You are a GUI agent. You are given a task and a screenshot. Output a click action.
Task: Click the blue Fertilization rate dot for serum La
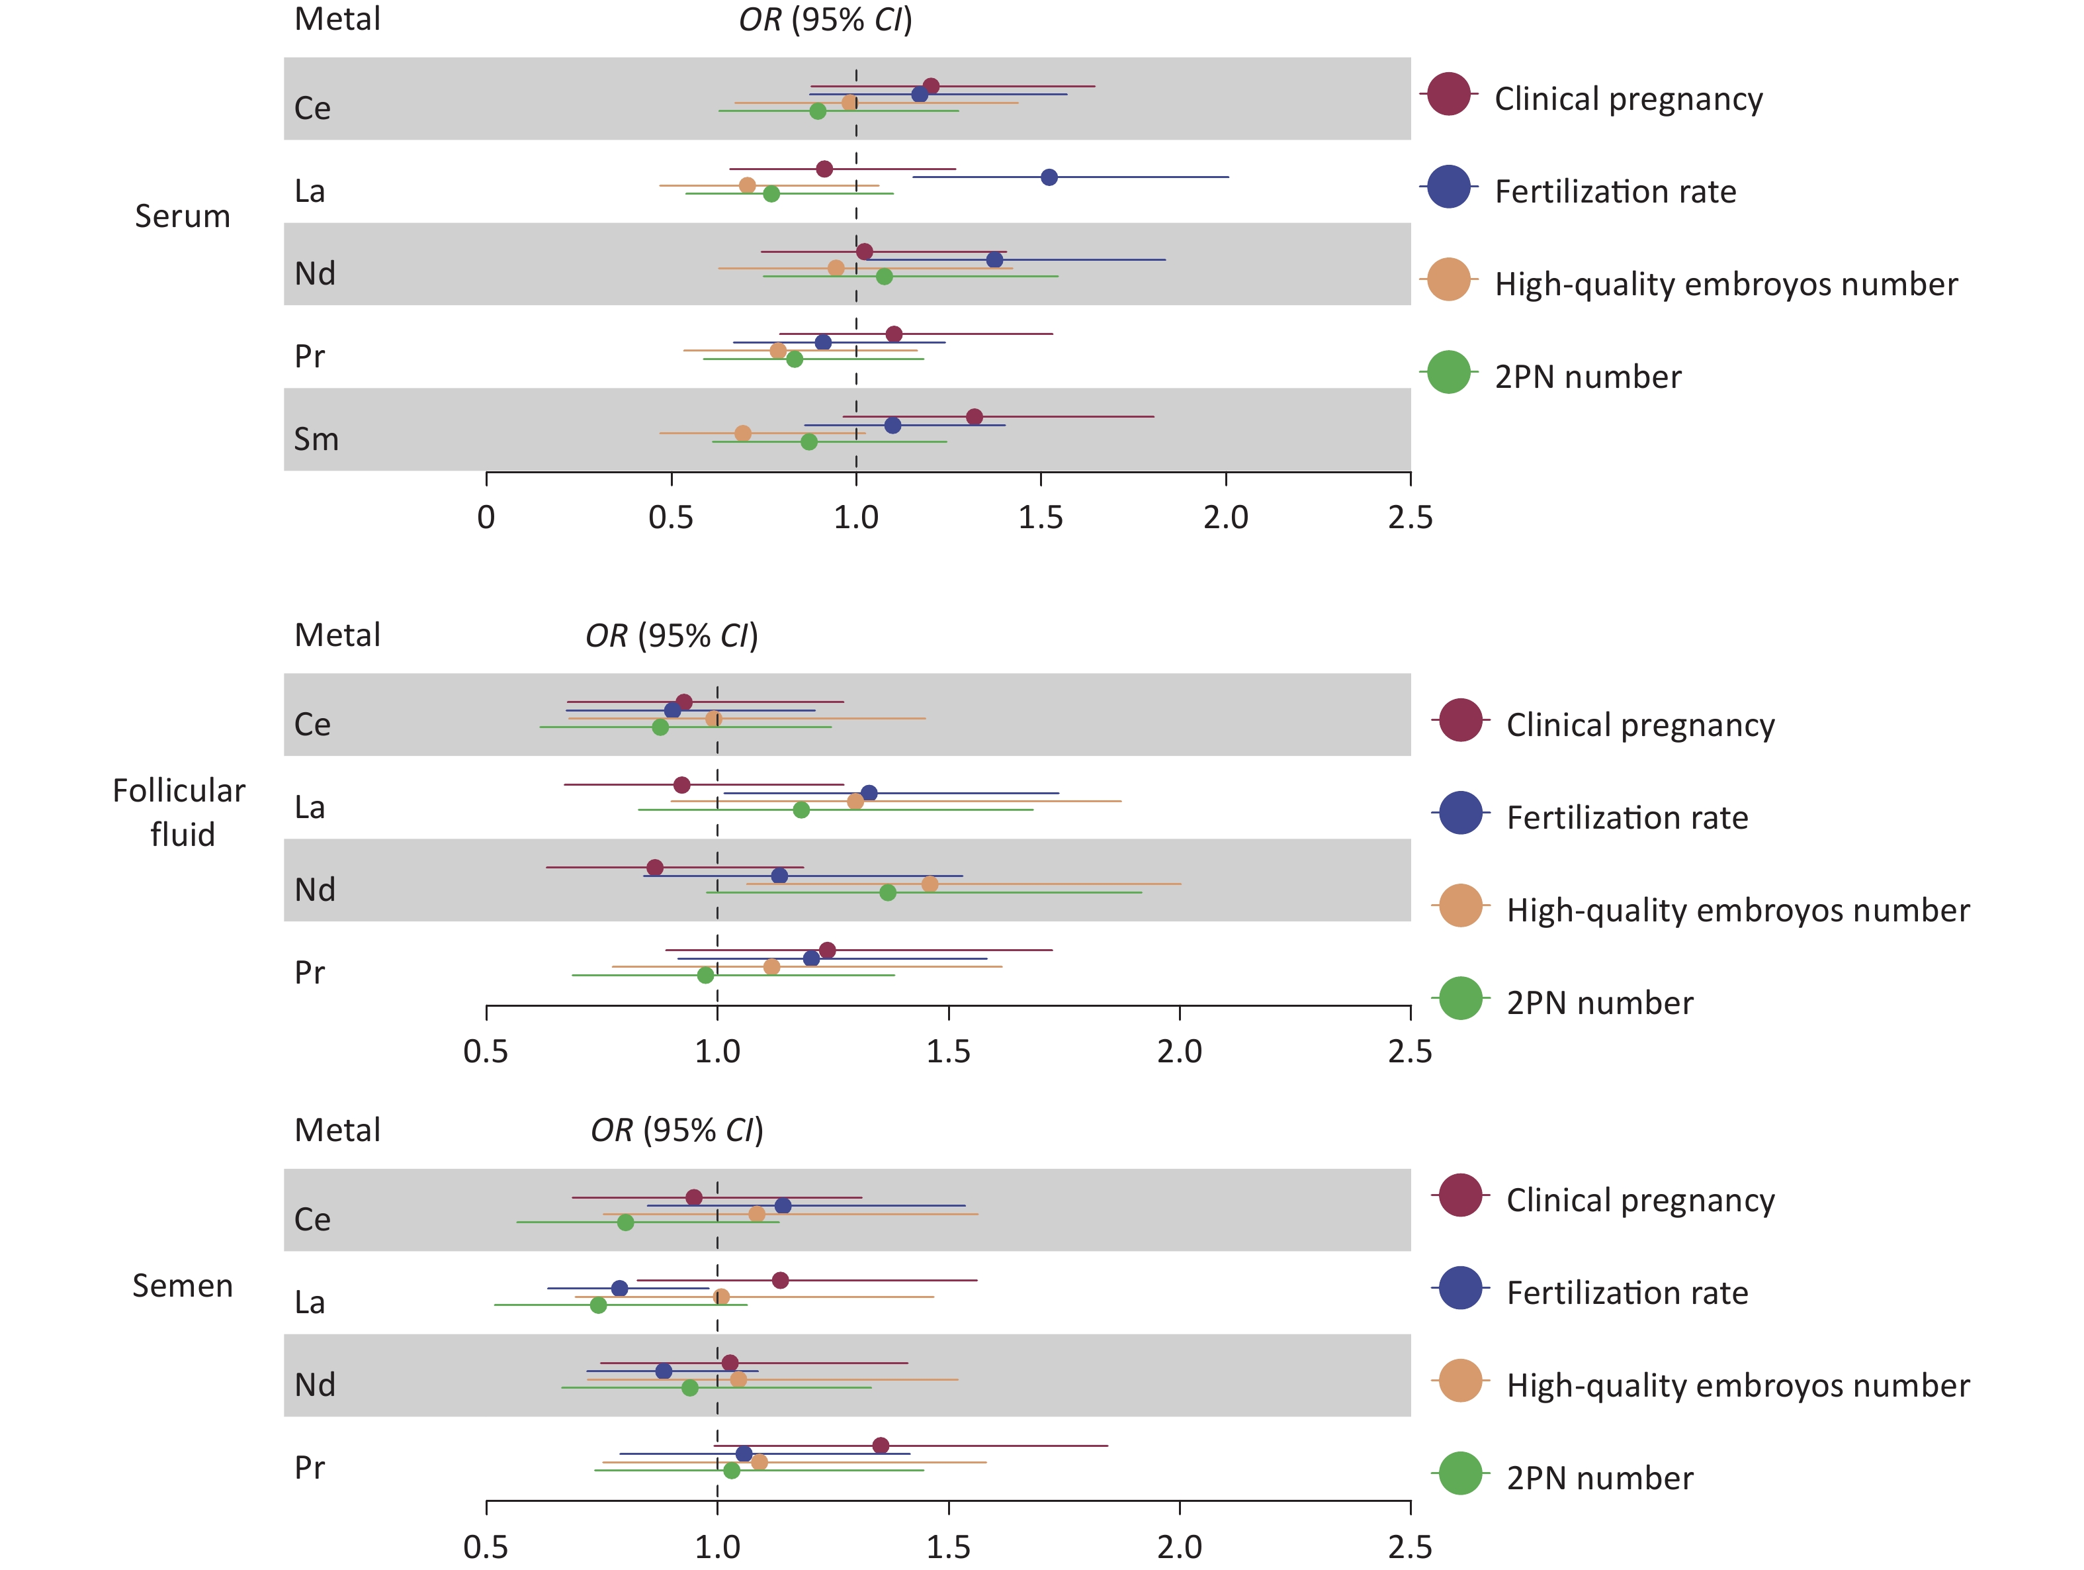point(1049,177)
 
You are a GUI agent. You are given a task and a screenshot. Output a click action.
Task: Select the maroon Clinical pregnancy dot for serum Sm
point(974,416)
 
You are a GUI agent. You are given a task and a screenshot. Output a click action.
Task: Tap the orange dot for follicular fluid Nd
point(930,884)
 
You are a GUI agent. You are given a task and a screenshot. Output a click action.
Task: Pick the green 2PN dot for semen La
point(598,1305)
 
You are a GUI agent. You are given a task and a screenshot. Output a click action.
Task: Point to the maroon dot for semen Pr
point(881,1446)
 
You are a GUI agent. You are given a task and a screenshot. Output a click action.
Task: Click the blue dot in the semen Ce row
point(783,1205)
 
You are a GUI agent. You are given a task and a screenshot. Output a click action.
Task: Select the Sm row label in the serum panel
point(316,439)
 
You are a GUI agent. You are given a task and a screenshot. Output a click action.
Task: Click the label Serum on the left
point(182,216)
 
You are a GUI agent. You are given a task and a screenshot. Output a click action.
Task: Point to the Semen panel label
point(182,1285)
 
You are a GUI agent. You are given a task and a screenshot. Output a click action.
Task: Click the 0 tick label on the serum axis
point(486,518)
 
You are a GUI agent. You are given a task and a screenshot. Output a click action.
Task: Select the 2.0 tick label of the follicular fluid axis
point(1180,1051)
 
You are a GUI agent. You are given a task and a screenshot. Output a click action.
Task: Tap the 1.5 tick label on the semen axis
point(949,1546)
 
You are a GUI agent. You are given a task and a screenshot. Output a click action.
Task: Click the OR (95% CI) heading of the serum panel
point(825,20)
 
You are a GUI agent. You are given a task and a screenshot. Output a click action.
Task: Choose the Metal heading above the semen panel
point(337,1130)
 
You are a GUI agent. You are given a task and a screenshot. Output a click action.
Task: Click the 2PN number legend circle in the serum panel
point(1449,372)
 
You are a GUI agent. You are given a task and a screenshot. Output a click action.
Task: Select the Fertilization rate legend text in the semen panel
point(1627,1292)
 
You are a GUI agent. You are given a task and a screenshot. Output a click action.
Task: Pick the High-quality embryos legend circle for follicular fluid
point(1460,905)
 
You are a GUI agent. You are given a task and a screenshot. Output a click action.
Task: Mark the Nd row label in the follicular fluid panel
point(315,890)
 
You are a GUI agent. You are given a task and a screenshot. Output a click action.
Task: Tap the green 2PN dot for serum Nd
point(884,276)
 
